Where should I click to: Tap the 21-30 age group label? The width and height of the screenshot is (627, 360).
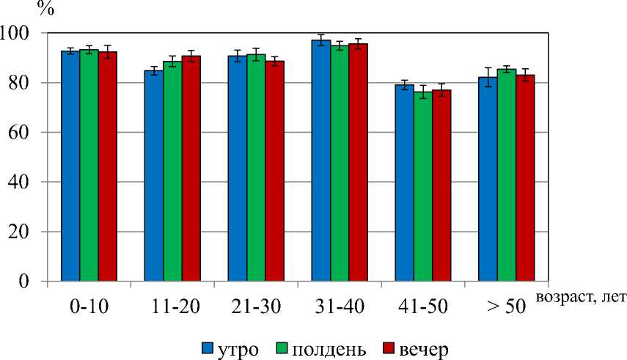(257, 307)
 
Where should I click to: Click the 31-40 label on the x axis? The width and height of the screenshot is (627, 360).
(340, 307)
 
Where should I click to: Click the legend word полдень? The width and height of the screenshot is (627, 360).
(329, 347)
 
